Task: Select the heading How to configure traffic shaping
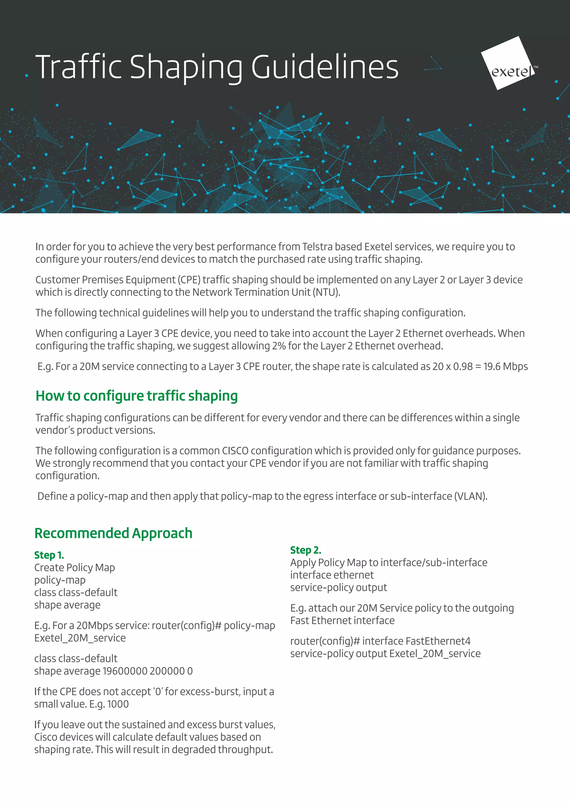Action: click(x=137, y=396)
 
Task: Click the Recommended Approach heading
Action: click(x=113, y=533)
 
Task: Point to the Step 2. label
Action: click(x=305, y=550)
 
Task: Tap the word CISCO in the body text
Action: click(x=235, y=451)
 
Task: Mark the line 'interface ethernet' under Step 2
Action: click(x=332, y=575)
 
